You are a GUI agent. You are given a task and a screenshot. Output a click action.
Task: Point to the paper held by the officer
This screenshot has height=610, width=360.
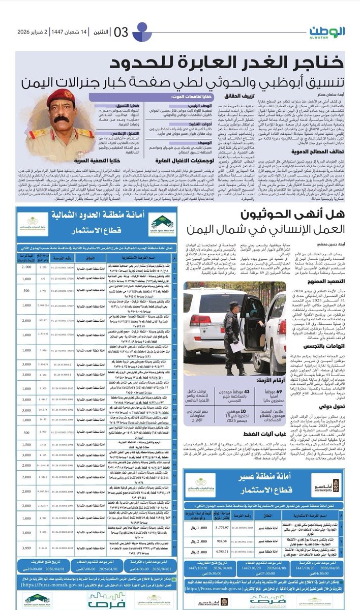tap(237, 348)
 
